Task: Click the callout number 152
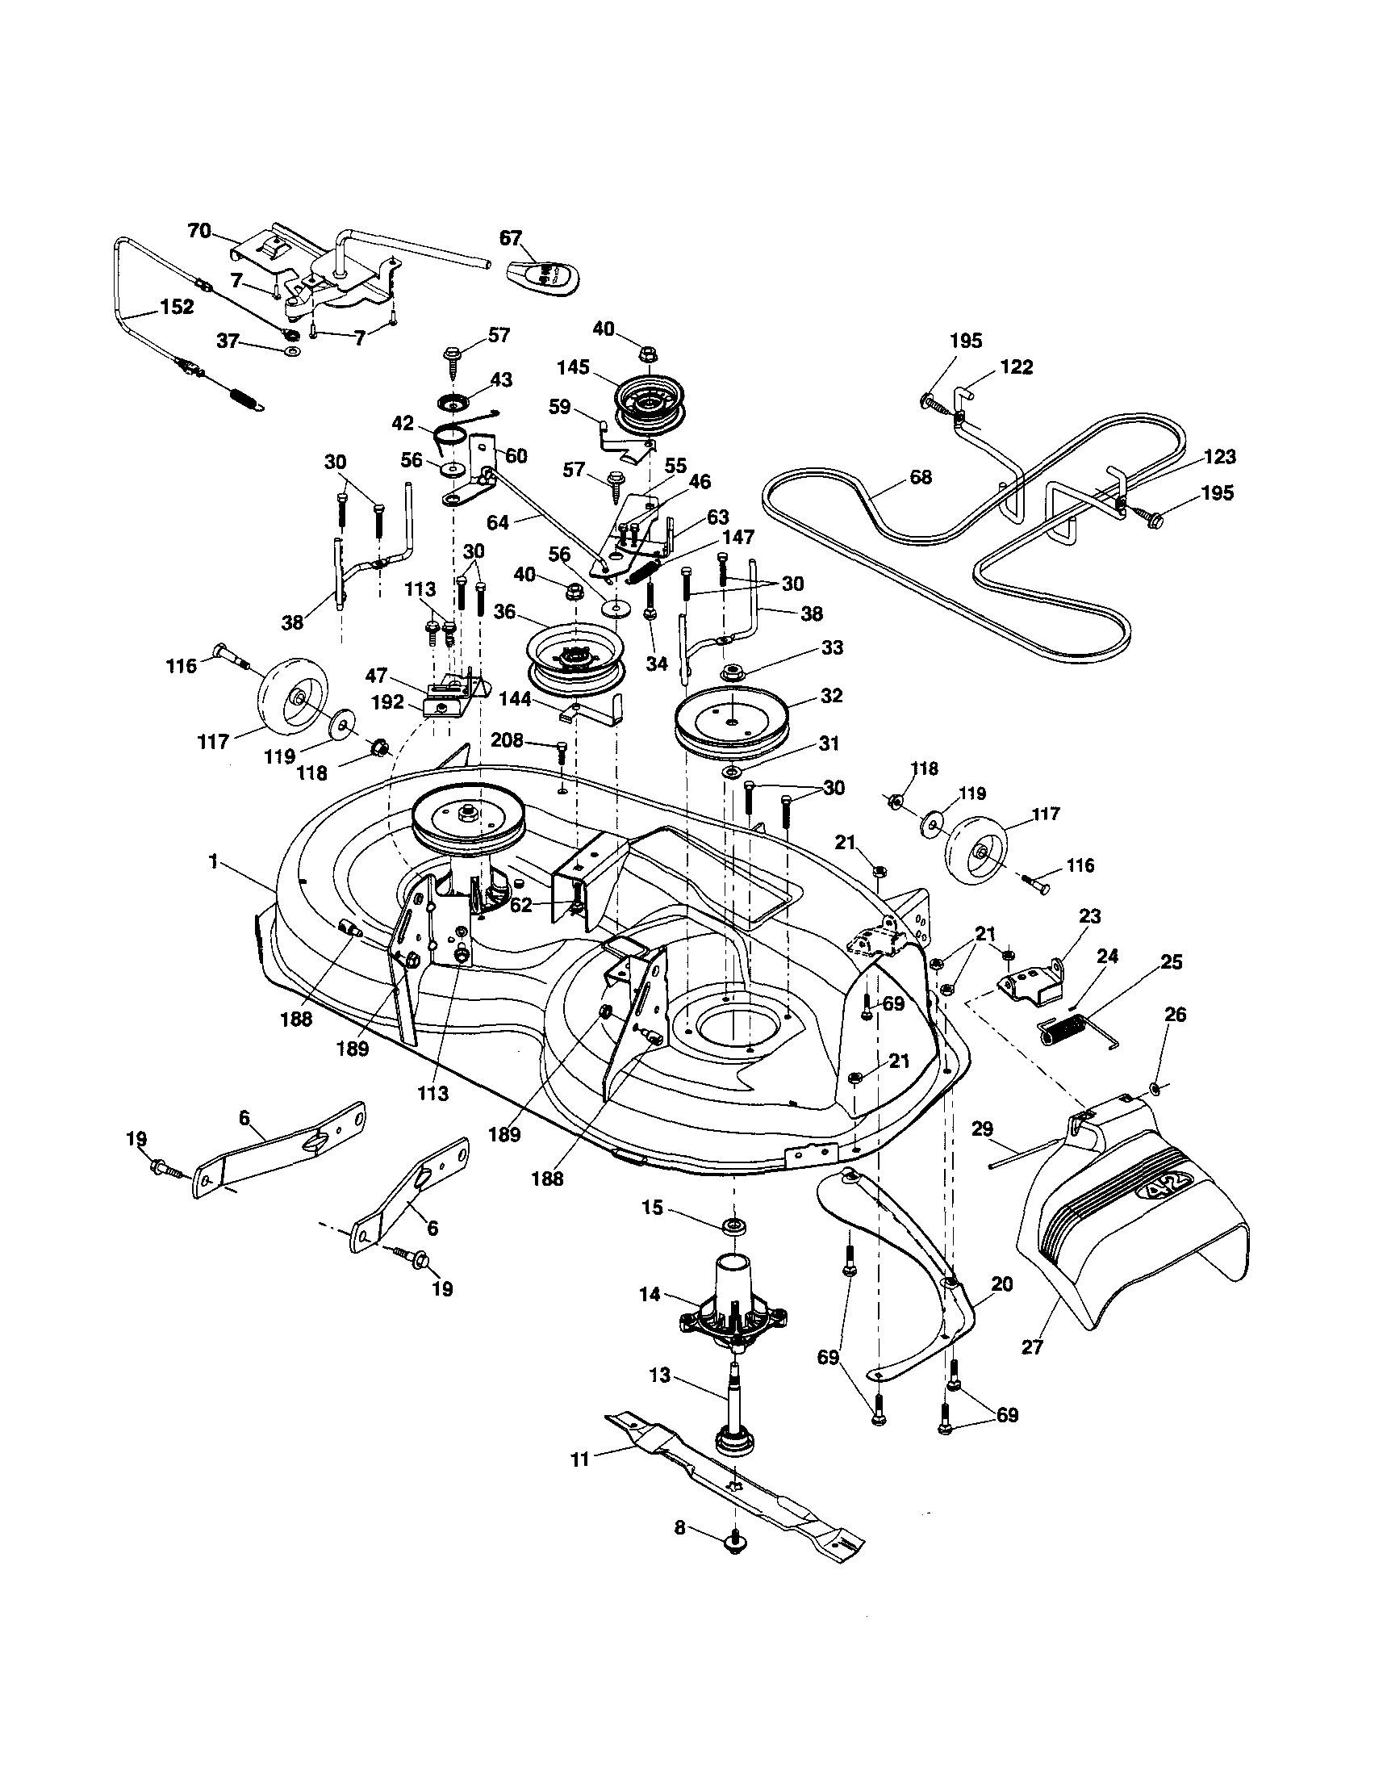tap(178, 307)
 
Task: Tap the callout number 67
tap(510, 237)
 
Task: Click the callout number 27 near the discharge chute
tap(1033, 1346)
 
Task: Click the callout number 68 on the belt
tap(921, 477)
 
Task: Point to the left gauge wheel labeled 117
tap(293, 699)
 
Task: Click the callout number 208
tap(507, 741)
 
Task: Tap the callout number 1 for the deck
tap(214, 862)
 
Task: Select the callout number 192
tap(387, 702)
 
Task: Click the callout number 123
tap(1218, 457)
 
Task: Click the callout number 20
tap(1001, 1283)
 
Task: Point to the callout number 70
tap(199, 231)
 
